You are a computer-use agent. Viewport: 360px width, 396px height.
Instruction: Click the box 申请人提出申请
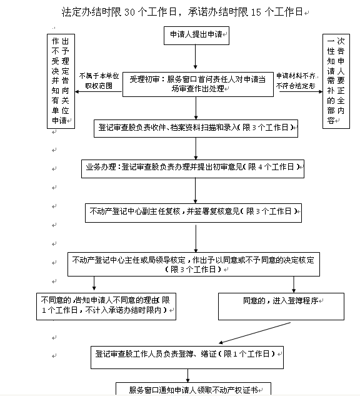coord(196,36)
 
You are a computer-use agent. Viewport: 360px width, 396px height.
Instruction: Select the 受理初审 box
coord(198,84)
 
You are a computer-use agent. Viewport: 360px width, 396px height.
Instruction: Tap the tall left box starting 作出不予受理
coord(61,81)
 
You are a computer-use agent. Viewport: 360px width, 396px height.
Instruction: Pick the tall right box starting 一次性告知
coord(336,81)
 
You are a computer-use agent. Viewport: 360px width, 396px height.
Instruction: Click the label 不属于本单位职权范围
coord(99,81)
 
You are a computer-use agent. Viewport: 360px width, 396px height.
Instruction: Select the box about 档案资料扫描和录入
coord(196,128)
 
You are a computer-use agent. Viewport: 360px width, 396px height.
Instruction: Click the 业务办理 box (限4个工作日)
coord(192,169)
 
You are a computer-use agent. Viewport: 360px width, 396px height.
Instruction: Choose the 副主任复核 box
coord(193,213)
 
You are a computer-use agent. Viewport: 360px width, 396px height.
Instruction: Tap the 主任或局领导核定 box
coord(194,264)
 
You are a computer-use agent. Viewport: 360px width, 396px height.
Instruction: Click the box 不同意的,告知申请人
coord(106,307)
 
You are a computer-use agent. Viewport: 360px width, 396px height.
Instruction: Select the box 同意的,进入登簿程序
coord(281,307)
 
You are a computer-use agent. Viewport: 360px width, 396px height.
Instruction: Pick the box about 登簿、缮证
coord(187,357)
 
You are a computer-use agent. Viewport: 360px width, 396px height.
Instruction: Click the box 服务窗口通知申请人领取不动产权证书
coord(193,389)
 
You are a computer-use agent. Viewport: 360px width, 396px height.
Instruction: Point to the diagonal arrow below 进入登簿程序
coord(255,333)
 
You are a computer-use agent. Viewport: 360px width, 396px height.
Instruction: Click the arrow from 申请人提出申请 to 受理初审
coord(195,57)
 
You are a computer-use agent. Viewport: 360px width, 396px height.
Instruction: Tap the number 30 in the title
coord(129,12)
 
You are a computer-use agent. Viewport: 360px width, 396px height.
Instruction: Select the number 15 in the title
coord(256,12)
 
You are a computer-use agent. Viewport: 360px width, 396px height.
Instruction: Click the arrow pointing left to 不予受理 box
coord(99,91)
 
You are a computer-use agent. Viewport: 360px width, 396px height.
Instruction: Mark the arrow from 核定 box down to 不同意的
coord(94,283)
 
